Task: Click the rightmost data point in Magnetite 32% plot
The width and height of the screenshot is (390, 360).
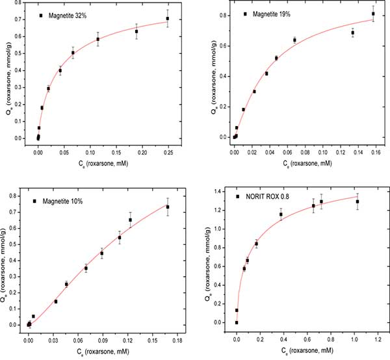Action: click(x=167, y=18)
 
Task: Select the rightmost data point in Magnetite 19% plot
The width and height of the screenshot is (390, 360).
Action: click(x=373, y=14)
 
